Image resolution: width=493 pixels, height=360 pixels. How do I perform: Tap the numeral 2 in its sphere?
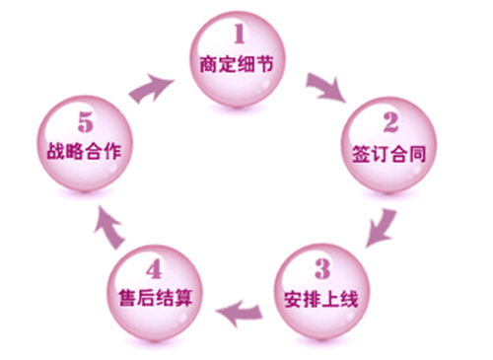click(x=389, y=123)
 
